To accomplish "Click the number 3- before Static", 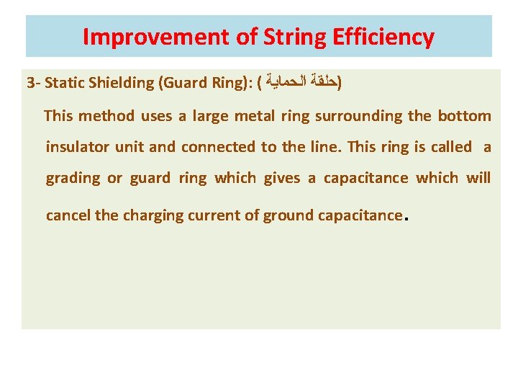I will [x=33, y=83].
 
